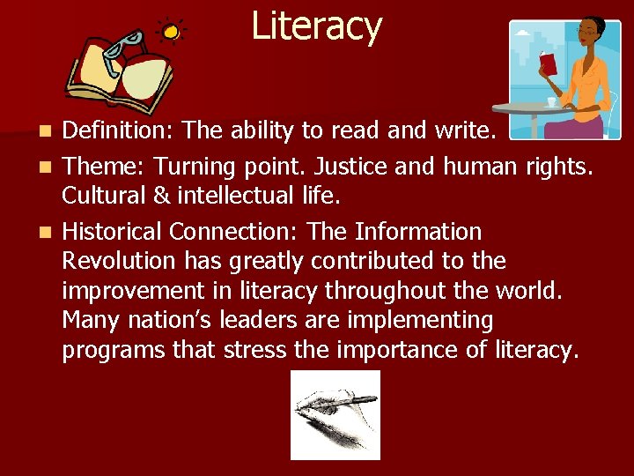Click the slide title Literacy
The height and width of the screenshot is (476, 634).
pos(316,26)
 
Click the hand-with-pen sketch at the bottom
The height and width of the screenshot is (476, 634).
pos(335,414)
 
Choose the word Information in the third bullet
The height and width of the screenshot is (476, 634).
pos(418,232)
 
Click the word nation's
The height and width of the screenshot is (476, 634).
pos(161,320)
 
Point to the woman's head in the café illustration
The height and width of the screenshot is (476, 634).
pos(587,37)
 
